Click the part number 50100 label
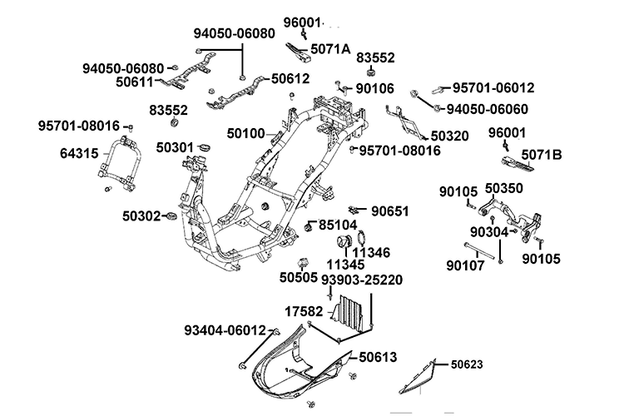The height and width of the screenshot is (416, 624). (246, 132)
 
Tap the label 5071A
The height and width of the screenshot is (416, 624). (329, 49)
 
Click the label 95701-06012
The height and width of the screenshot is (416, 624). (493, 87)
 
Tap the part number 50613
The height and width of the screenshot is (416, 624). (378, 358)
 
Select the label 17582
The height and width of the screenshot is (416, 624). (305, 310)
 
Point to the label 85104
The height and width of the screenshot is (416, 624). (338, 224)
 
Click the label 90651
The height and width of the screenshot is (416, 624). (390, 210)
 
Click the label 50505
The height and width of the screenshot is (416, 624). (298, 277)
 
